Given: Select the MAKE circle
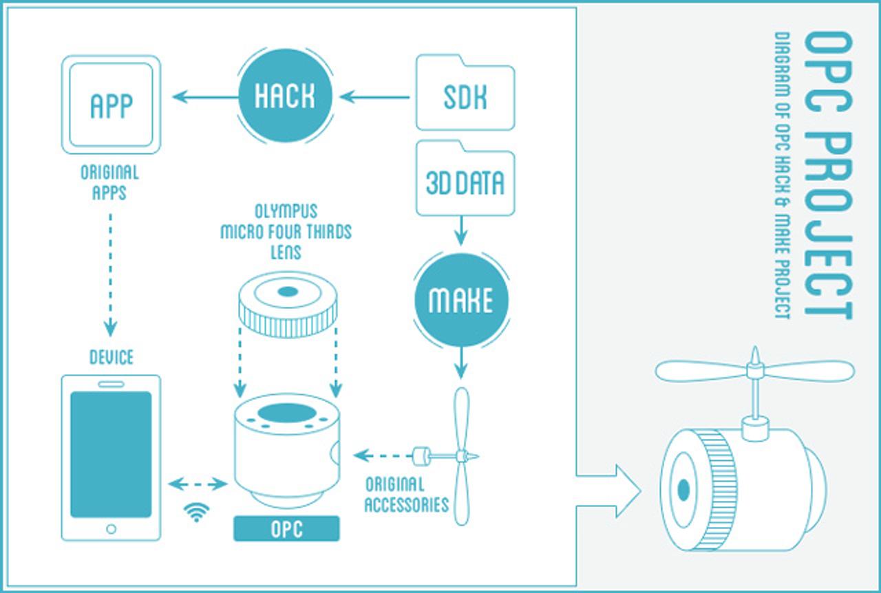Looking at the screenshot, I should (460, 299).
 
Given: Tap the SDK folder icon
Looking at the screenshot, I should (465, 97).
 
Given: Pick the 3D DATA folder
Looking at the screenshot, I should (465, 182).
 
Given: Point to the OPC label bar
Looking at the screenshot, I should (286, 530).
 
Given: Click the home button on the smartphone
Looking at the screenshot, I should (110, 528).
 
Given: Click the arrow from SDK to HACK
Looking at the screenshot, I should (376, 98).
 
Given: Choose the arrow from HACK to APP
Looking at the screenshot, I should (204, 98).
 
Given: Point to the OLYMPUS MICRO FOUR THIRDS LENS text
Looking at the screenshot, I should (286, 231).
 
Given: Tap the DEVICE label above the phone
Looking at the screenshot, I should (111, 357).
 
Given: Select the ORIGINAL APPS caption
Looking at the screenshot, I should (109, 182).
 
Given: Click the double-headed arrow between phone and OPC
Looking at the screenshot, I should (198, 484).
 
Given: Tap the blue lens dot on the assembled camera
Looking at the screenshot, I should (683, 490).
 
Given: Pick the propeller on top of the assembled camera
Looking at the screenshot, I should (754, 371).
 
